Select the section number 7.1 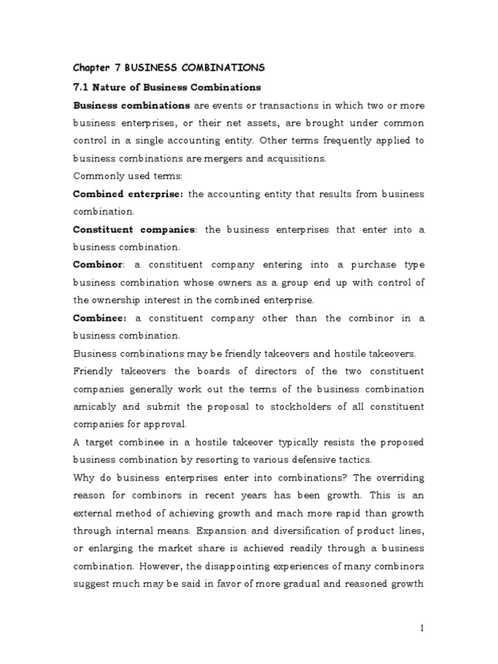81,87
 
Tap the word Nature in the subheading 113,87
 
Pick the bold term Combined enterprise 128,193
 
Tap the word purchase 371,264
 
